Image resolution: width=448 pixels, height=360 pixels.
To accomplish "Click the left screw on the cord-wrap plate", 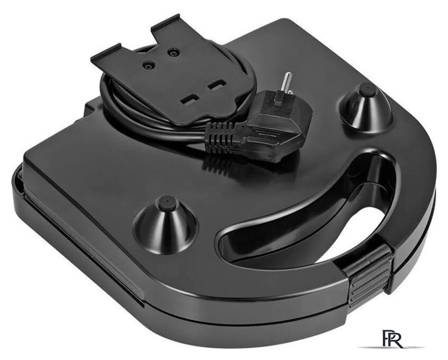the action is click(x=149, y=65).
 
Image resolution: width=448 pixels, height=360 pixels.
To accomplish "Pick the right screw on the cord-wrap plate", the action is click(x=172, y=53).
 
